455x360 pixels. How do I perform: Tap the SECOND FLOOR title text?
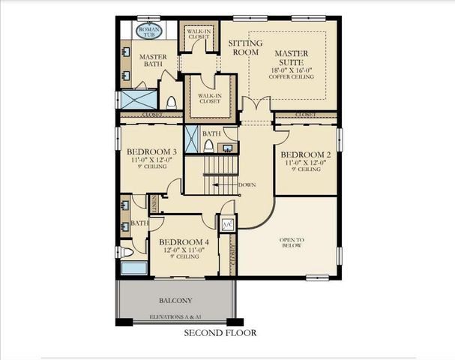pyautogui.click(x=220, y=332)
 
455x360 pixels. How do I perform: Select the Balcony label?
pyautogui.click(x=175, y=300)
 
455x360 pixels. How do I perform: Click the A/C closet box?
pyautogui.click(x=227, y=224)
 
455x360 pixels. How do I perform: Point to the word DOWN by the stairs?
pyautogui.click(x=247, y=184)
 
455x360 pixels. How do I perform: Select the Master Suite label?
pyautogui.click(x=292, y=58)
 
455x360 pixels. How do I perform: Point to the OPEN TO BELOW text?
pyautogui.click(x=292, y=242)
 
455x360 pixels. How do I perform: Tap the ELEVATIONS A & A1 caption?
pyautogui.click(x=175, y=317)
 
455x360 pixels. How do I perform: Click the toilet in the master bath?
pyautogui.click(x=171, y=102)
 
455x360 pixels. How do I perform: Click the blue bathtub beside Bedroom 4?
pyautogui.click(x=135, y=268)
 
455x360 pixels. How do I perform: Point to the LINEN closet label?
pyautogui.click(x=154, y=202)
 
